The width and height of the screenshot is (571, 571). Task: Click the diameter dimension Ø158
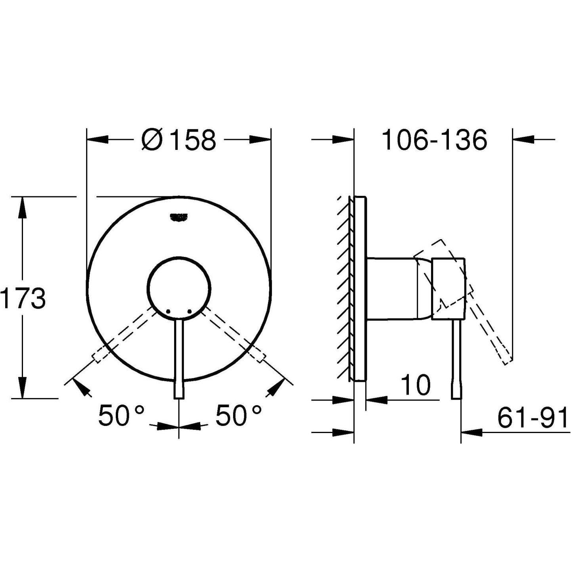pyautogui.click(x=179, y=140)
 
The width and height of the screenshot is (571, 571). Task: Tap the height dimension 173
pyautogui.click(x=23, y=299)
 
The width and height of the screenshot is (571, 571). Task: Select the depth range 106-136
pyautogui.click(x=434, y=140)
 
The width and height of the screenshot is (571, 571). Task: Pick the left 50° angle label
pyautogui.click(x=121, y=416)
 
